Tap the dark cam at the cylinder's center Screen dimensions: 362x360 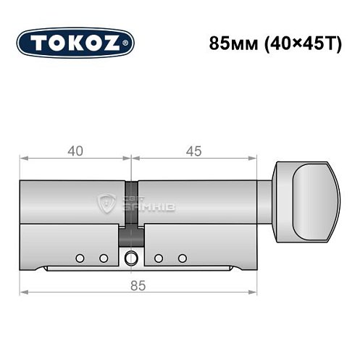pyautogui.click(x=131, y=210)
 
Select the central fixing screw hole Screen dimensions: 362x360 pyautogui.click(x=131, y=258)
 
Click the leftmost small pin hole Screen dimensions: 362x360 pyautogui.click(x=80, y=258)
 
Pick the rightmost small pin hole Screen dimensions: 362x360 pyautogui.click(x=183, y=258)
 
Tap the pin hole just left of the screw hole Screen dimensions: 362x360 pyautogui.click(x=103, y=258)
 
